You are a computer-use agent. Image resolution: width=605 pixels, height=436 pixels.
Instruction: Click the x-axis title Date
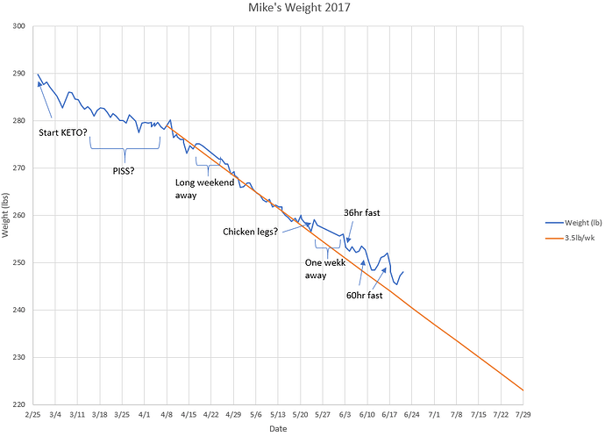pyautogui.click(x=277, y=429)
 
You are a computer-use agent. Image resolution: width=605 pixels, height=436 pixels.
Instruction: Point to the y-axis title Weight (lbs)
pyautogui.click(x=7, y=216)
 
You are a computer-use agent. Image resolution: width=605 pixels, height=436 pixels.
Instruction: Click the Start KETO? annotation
pyautogui.click(x=69, y=133)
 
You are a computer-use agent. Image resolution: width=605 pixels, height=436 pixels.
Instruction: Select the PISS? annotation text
pyautogui.click(x=124, y=171)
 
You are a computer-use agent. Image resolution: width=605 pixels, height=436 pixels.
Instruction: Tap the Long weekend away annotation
pyautogui.click(x=204, y=189)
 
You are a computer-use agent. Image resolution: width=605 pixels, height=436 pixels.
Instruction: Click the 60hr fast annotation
pyautogui.click(x=364, y=296)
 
